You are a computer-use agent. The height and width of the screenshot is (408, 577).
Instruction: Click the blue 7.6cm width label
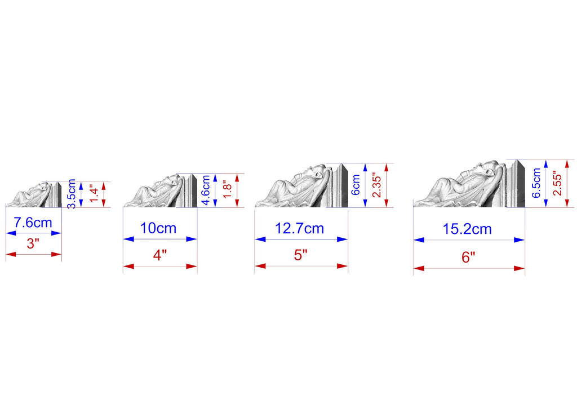coord(33,223)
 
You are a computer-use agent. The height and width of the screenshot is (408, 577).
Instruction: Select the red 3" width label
coord(33,243)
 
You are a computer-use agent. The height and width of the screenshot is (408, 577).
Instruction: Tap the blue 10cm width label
coord(158,228)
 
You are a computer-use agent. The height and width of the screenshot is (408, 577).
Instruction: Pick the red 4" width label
coord(159,255)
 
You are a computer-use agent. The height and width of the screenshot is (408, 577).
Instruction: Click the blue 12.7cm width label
coord(300,229)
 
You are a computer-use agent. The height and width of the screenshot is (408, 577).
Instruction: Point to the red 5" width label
coord(301,255)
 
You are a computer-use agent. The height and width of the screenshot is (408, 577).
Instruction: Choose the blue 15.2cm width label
coord(467,229)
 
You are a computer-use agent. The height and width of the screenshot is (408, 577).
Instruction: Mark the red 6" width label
coord(468,257)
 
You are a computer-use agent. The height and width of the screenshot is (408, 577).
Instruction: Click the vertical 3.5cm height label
coord(72,194)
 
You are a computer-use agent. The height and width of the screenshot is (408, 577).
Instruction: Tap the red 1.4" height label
coord(94,194)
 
